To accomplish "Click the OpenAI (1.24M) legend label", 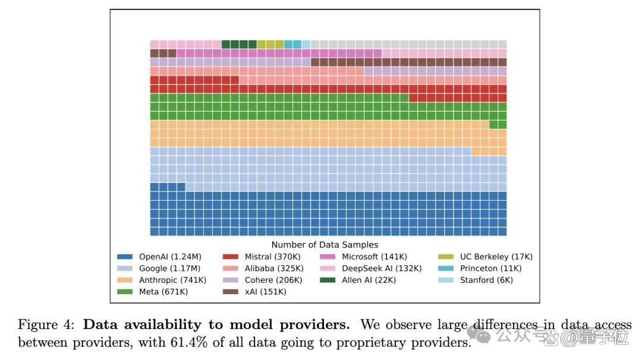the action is pos(170,257).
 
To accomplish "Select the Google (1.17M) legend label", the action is pos(169,269).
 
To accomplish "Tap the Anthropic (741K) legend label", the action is pos(172,280).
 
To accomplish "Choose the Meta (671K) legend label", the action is pos(163,292).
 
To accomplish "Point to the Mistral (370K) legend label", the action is pos(272,257).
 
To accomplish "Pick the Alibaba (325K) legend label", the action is pos(274,269).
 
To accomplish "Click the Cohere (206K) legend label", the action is pos(273,280).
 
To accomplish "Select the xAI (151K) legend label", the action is pos(265,292).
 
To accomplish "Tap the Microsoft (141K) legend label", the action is pos(374,257).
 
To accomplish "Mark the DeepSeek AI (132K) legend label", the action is pos(382,269).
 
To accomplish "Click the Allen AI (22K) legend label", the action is pos(369,280).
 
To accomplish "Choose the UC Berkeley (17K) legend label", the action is pos(496,257).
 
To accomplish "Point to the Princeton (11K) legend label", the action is pos(490,269).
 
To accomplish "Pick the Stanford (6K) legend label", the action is pos(486,280).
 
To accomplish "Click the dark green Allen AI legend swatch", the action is pos(328,280).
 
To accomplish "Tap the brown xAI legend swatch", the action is pos(231,292).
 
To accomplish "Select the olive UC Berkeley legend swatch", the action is pos(446,257).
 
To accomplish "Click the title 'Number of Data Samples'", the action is pos(325,245).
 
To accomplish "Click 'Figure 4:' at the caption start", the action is pos(46,324).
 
